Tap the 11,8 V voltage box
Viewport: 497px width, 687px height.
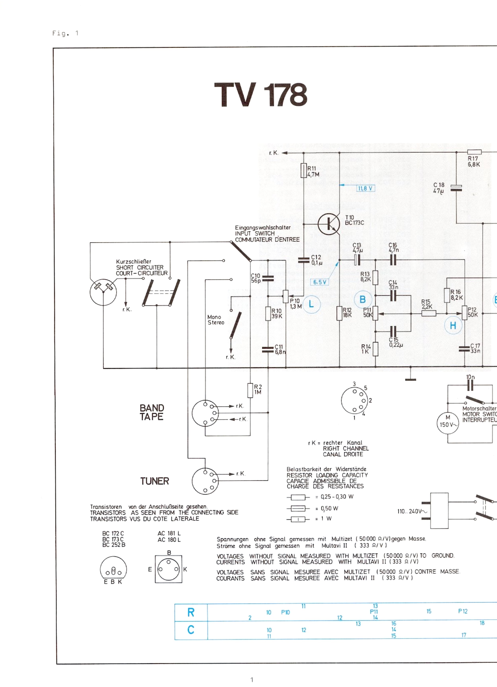pos(366,189)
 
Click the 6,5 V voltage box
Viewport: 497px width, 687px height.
pos(319,282)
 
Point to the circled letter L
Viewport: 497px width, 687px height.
pos(311,304)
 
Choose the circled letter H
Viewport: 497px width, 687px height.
pos(453,326)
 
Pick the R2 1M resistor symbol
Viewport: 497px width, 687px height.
pos(250,391)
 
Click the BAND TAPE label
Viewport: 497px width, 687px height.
pos(152,412)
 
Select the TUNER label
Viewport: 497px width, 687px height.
pos(154,481)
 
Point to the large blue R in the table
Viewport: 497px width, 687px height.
pos(191,612)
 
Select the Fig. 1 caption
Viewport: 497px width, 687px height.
pos(65,33)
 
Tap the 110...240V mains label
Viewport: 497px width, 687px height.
pos(412,512)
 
